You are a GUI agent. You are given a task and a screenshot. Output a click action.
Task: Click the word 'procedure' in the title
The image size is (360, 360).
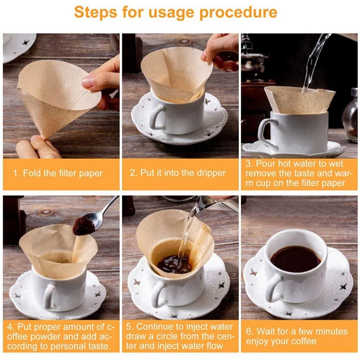pos(238,13)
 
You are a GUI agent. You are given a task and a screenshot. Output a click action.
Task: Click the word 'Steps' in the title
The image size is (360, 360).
pos(95,12)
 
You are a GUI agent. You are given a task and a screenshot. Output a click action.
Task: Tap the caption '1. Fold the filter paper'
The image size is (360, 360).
pos(58,173)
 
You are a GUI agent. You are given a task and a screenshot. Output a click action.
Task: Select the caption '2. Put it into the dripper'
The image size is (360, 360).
pos(178,173)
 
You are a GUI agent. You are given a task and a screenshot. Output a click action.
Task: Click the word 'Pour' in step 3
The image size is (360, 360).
pos(265,164)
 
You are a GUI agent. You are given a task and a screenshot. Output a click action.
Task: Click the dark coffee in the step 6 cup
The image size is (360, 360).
pos(296,259)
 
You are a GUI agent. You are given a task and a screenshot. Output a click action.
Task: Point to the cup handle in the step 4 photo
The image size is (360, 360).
pos(49,297)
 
